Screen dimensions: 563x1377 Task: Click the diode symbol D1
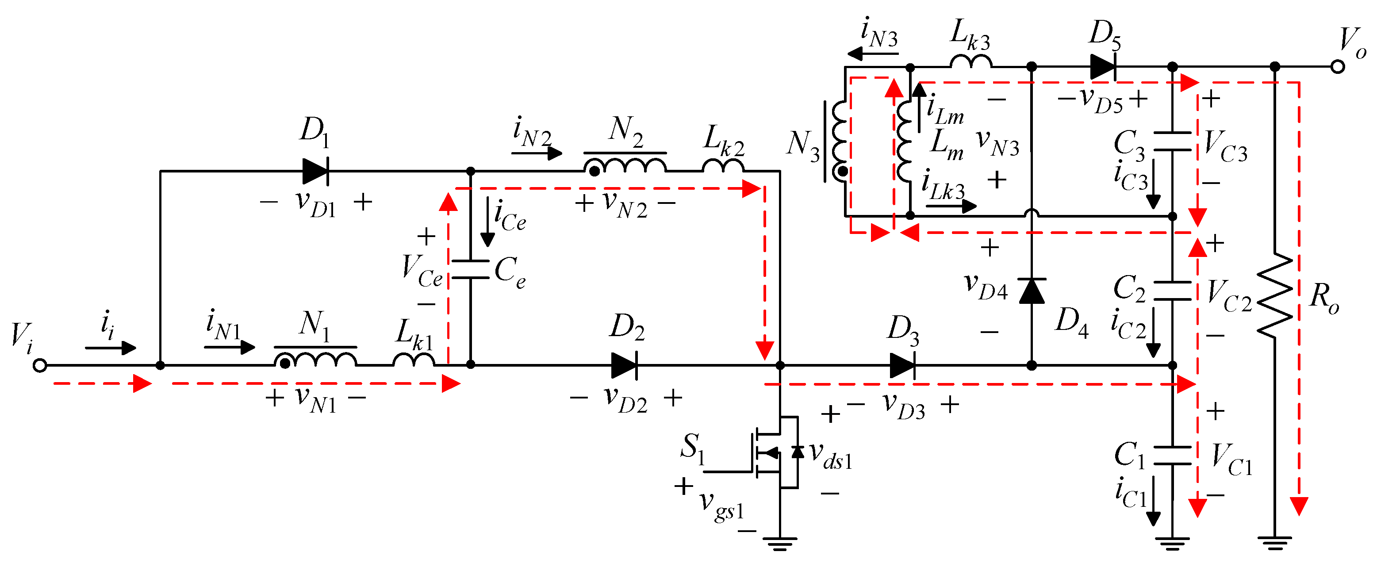tap(315, 171)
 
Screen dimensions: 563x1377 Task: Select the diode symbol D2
tap(624, 366)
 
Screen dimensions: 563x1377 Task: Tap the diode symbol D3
tap(902, 366)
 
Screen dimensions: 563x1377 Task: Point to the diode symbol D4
tap(1032, 291)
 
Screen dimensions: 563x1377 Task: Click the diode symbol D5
tap(1103, 67)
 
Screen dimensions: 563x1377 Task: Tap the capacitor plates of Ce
tap(470, 269)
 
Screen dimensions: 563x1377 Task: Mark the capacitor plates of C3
tap(1172, 142)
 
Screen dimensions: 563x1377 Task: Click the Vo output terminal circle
tap(1338, 67)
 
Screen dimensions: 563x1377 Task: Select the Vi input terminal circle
tap(39, 366)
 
